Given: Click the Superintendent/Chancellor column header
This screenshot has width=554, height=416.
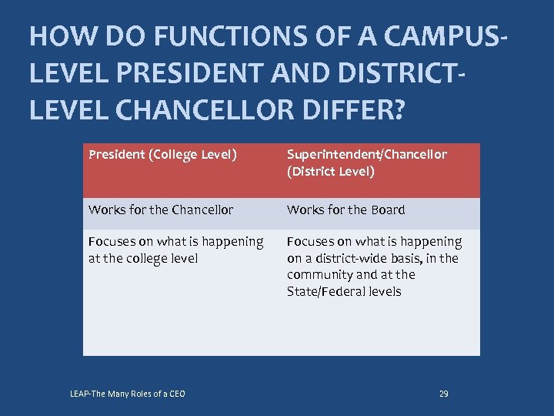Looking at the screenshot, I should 366,154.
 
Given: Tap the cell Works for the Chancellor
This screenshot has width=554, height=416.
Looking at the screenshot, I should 160,210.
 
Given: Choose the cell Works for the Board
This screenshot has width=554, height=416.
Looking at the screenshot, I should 345,210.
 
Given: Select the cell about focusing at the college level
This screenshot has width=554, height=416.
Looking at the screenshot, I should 175,250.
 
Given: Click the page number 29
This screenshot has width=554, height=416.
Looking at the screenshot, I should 443,394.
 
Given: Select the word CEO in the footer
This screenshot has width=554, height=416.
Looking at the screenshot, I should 176,394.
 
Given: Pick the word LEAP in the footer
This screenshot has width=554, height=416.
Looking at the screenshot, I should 80,394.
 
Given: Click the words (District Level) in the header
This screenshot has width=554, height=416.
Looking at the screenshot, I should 330,171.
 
